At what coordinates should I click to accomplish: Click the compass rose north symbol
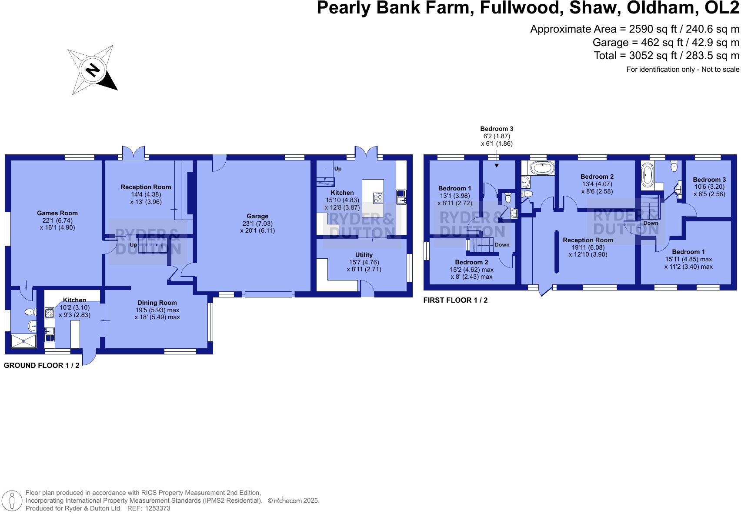coord(93,70)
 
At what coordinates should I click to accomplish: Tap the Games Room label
coord(57,214)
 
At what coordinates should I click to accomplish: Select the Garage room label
coord(257,216)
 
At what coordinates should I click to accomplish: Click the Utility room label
coord(364,255)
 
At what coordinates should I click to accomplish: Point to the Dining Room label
coord(157,303)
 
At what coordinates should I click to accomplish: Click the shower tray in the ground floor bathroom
coord(23,341)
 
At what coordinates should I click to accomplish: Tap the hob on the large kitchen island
coord(378,198)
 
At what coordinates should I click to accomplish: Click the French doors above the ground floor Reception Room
coord(134,153)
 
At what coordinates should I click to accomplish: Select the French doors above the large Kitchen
coord(366,153)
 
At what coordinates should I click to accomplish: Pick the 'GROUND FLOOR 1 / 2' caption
coord(41,365)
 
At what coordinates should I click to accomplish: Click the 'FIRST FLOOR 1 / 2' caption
coord(456,300)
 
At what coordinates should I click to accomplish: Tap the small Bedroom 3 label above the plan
coord(497,129)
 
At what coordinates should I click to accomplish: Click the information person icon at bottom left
coord(12,501)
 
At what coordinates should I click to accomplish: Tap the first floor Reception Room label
coord(588,240)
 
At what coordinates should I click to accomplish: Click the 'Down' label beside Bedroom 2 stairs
coord(502,245)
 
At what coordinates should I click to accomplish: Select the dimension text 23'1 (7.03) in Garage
coord(257,224)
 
